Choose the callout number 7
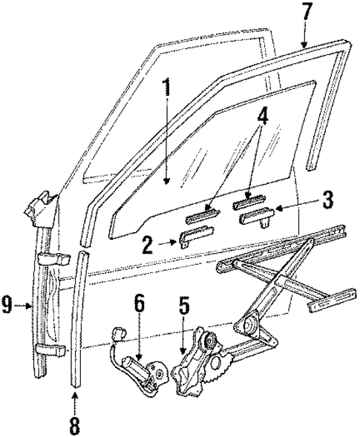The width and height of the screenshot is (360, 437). coord(306,13)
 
